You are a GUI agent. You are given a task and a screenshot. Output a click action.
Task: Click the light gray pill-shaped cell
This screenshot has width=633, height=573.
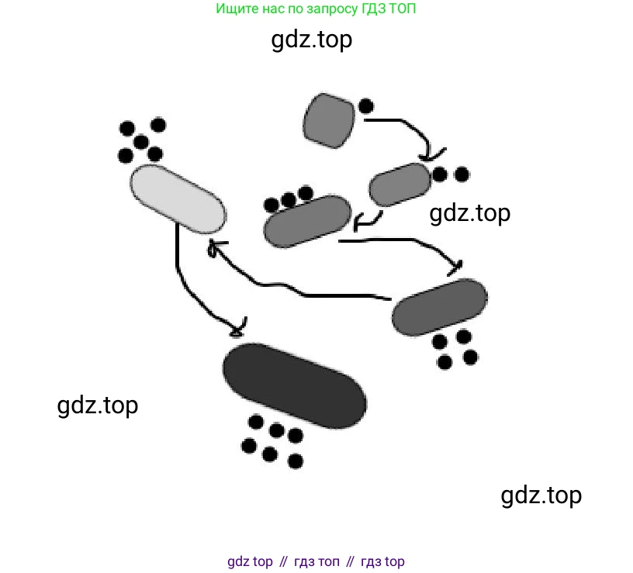click(x=178, y=200)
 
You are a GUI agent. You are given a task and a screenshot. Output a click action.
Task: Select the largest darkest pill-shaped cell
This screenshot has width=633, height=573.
click(x=294, y=385)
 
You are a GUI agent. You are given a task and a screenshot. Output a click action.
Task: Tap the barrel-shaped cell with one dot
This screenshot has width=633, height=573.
click(x=329, y=120)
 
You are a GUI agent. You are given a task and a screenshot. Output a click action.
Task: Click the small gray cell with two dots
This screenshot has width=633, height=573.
click(x=400, y=185)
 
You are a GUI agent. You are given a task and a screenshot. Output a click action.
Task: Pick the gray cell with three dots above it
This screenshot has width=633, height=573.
click(x=308, y=221)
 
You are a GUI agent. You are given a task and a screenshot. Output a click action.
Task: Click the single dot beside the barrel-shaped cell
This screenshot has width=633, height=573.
click(x=366, y=106)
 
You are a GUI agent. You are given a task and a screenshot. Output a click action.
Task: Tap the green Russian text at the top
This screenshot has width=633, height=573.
click(x=320, y=9)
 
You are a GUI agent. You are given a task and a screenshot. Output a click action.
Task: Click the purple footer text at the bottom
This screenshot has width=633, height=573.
click(x=316, y=561)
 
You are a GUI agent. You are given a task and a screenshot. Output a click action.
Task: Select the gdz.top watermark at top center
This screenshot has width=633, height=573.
click(x=312, y=39)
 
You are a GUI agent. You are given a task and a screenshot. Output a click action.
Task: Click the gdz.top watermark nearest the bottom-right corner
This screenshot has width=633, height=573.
click(x=541, y=495)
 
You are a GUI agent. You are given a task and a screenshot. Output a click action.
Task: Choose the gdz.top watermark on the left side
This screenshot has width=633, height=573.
click(x=98, y=405)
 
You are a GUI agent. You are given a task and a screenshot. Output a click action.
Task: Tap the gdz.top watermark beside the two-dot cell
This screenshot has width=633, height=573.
click(x=470, y=212)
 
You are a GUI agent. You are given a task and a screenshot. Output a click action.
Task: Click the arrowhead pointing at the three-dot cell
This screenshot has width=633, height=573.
click(x=359, y=224)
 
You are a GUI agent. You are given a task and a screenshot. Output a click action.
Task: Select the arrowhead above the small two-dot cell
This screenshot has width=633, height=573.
click(x=434, y=154)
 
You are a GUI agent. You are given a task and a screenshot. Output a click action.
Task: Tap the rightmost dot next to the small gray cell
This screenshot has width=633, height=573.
click(x=462, y=174)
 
